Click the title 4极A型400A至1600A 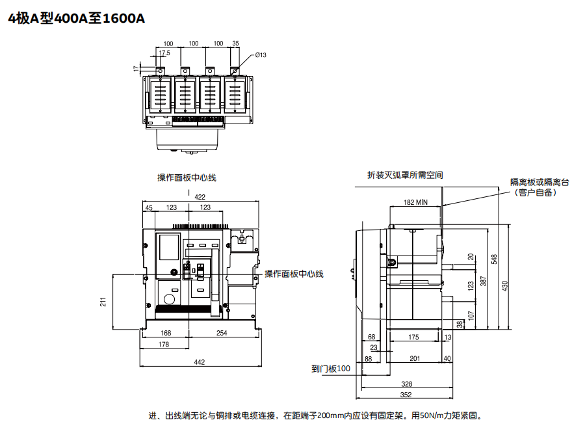pyautogui.click(x=77, y=18)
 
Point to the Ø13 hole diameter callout pyautogui.click(x=261, y=55)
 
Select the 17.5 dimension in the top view pyautogui.click(x=164, y=53)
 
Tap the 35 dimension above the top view pyautogui.click(x=235, y=44)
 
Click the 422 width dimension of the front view pyautogui.click(x=200, y=197)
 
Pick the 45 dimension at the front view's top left pyautogui.click(x=149, y=208)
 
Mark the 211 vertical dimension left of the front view pyautogui.click(x=103, y=302)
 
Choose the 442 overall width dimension pyautogui.click(x=200, y=362)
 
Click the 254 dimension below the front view pyautogui.click(x=222, y=333)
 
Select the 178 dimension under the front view pyautogui.click(x=164, y=345)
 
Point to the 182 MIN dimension pyautogui.click(x=415, y=202)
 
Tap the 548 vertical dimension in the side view pyautogui.click(x=495, y=259)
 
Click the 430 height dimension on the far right pyautogui.click(x=505, y=286)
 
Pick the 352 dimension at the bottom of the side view pyautogui.click(x=406, y=395)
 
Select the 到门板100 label pyautogui.click(x=331, y=369)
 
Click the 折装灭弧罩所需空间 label pyautogui.click(x=405, y=175)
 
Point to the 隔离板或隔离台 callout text pyautogui.click(x=540, y=183)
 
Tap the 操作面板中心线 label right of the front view pyautogui.click(x=294, y=274)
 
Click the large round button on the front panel pyautogui.click(x=170, y=299)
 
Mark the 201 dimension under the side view pyautogui.click(x=415, y=359)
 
